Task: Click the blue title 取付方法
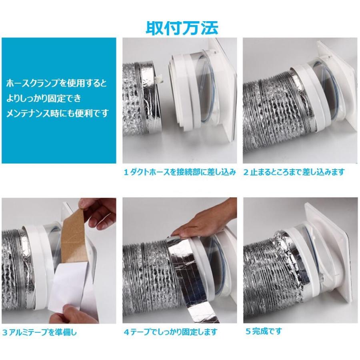pos(181,28)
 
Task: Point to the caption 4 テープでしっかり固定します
pos(170,332)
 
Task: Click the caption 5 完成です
pos(264,331)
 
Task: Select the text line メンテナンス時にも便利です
pos(57,113)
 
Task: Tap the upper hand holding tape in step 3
pos(98,212)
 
